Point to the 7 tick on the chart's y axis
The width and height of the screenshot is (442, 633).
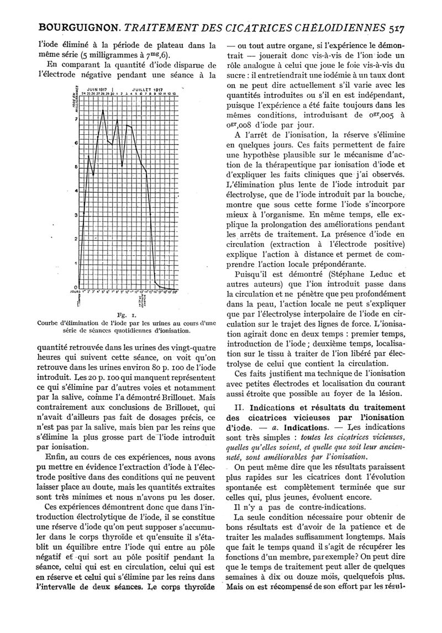pyautogui.click(x=76, y=119)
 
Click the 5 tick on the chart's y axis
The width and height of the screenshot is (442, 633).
pyautogui.click(x=76, y=167)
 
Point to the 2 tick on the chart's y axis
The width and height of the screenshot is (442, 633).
pyautogui.click(x=76, y=239)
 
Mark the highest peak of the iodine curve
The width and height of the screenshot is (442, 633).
pyautogui.click(x=103, y=110)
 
